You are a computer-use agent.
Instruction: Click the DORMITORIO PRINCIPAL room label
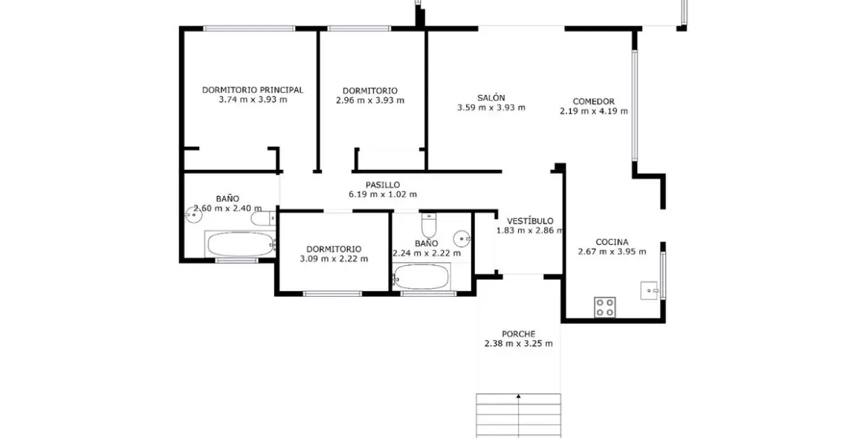[x=253, y=90]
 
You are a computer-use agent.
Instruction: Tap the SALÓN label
[x=491, y=97]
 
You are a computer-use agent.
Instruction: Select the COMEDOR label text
[x=593, y=102]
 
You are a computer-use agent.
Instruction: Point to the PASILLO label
[x=383, y=185]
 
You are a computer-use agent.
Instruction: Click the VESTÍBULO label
[x=530, y=221]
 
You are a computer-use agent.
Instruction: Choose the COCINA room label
[x=612, y=242]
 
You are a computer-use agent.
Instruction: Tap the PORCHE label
[x=518, y=334]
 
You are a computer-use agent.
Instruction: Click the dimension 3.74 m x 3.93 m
[x=253, y=99]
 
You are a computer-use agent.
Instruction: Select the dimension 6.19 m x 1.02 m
[x=383, y=195]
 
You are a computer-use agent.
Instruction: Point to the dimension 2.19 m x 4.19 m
[x=594, y=111]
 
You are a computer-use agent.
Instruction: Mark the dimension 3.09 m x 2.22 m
[x=334, y=259]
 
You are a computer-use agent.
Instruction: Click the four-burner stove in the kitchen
[x=605, y=307]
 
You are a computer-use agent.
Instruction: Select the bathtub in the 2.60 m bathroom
[x=239, y=244]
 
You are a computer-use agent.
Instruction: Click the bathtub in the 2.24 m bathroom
[x=421, y=278]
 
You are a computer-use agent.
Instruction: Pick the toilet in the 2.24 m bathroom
[x=429, y=225]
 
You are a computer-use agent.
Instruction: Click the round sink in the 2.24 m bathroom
[x=463, y=239]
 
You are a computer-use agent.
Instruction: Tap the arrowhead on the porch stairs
[x=518, y=396]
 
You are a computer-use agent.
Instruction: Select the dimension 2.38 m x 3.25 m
[x=518, y=344]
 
